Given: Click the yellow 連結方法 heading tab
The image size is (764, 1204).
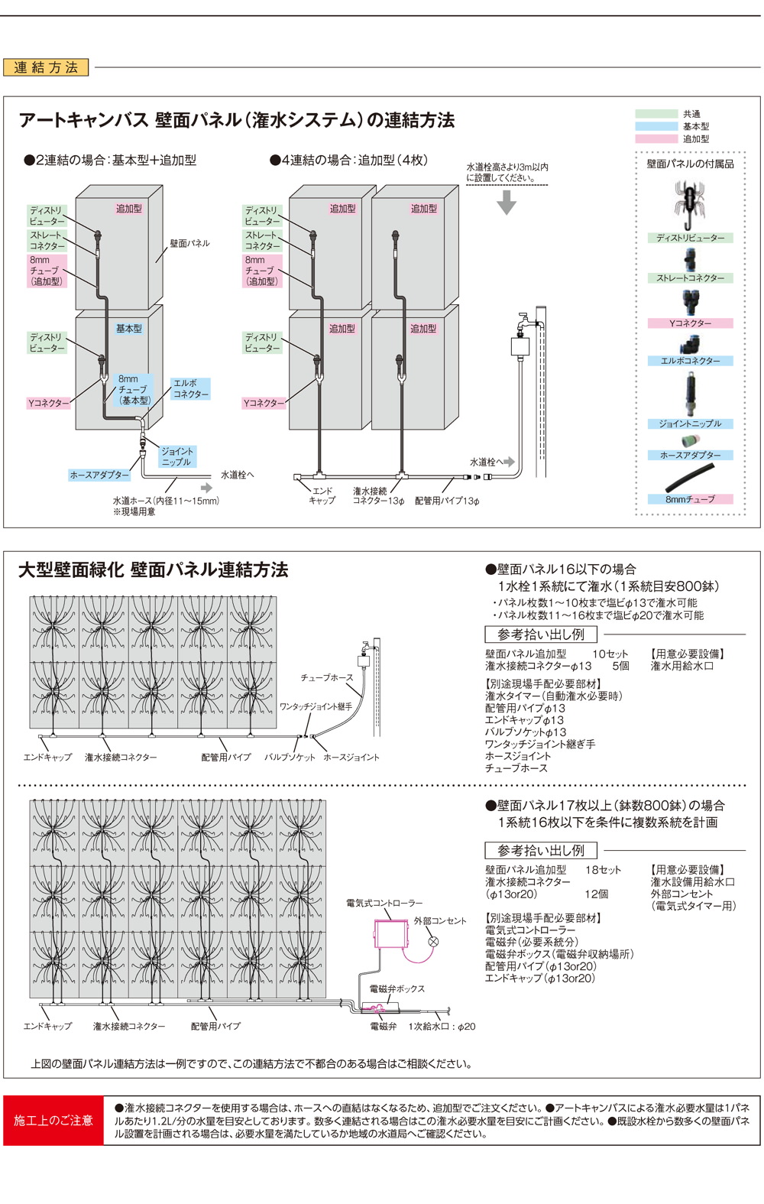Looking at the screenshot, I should point(46,67).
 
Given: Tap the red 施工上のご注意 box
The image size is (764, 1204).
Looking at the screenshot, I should point(53,1120).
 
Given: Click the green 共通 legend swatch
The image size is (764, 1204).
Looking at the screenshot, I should point(656,114).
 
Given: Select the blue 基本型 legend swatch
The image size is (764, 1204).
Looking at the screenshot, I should point(656,126).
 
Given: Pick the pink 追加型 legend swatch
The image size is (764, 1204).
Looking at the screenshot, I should point(656,139).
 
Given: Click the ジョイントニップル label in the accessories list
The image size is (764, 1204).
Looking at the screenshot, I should point(690,424).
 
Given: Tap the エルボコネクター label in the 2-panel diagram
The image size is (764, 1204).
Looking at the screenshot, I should point(190,388).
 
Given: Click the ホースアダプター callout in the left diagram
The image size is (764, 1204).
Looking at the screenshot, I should point(99,475).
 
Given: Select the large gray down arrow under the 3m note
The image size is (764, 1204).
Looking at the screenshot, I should point(507,203).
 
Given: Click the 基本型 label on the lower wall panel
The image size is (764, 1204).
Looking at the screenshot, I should point(128,329).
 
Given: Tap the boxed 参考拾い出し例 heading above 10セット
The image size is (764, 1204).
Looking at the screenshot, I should point(541,634).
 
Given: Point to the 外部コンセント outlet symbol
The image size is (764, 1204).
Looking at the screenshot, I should point(433,942).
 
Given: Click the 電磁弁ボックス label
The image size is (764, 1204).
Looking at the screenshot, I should point(397,988).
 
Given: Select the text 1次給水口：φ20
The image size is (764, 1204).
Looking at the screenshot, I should point(442,1027).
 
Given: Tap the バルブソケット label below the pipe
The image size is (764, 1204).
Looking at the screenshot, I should point(290,757).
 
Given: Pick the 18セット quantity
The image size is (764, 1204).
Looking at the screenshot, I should point(603,870).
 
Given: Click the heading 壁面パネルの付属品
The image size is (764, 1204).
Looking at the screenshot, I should point(690,164).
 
